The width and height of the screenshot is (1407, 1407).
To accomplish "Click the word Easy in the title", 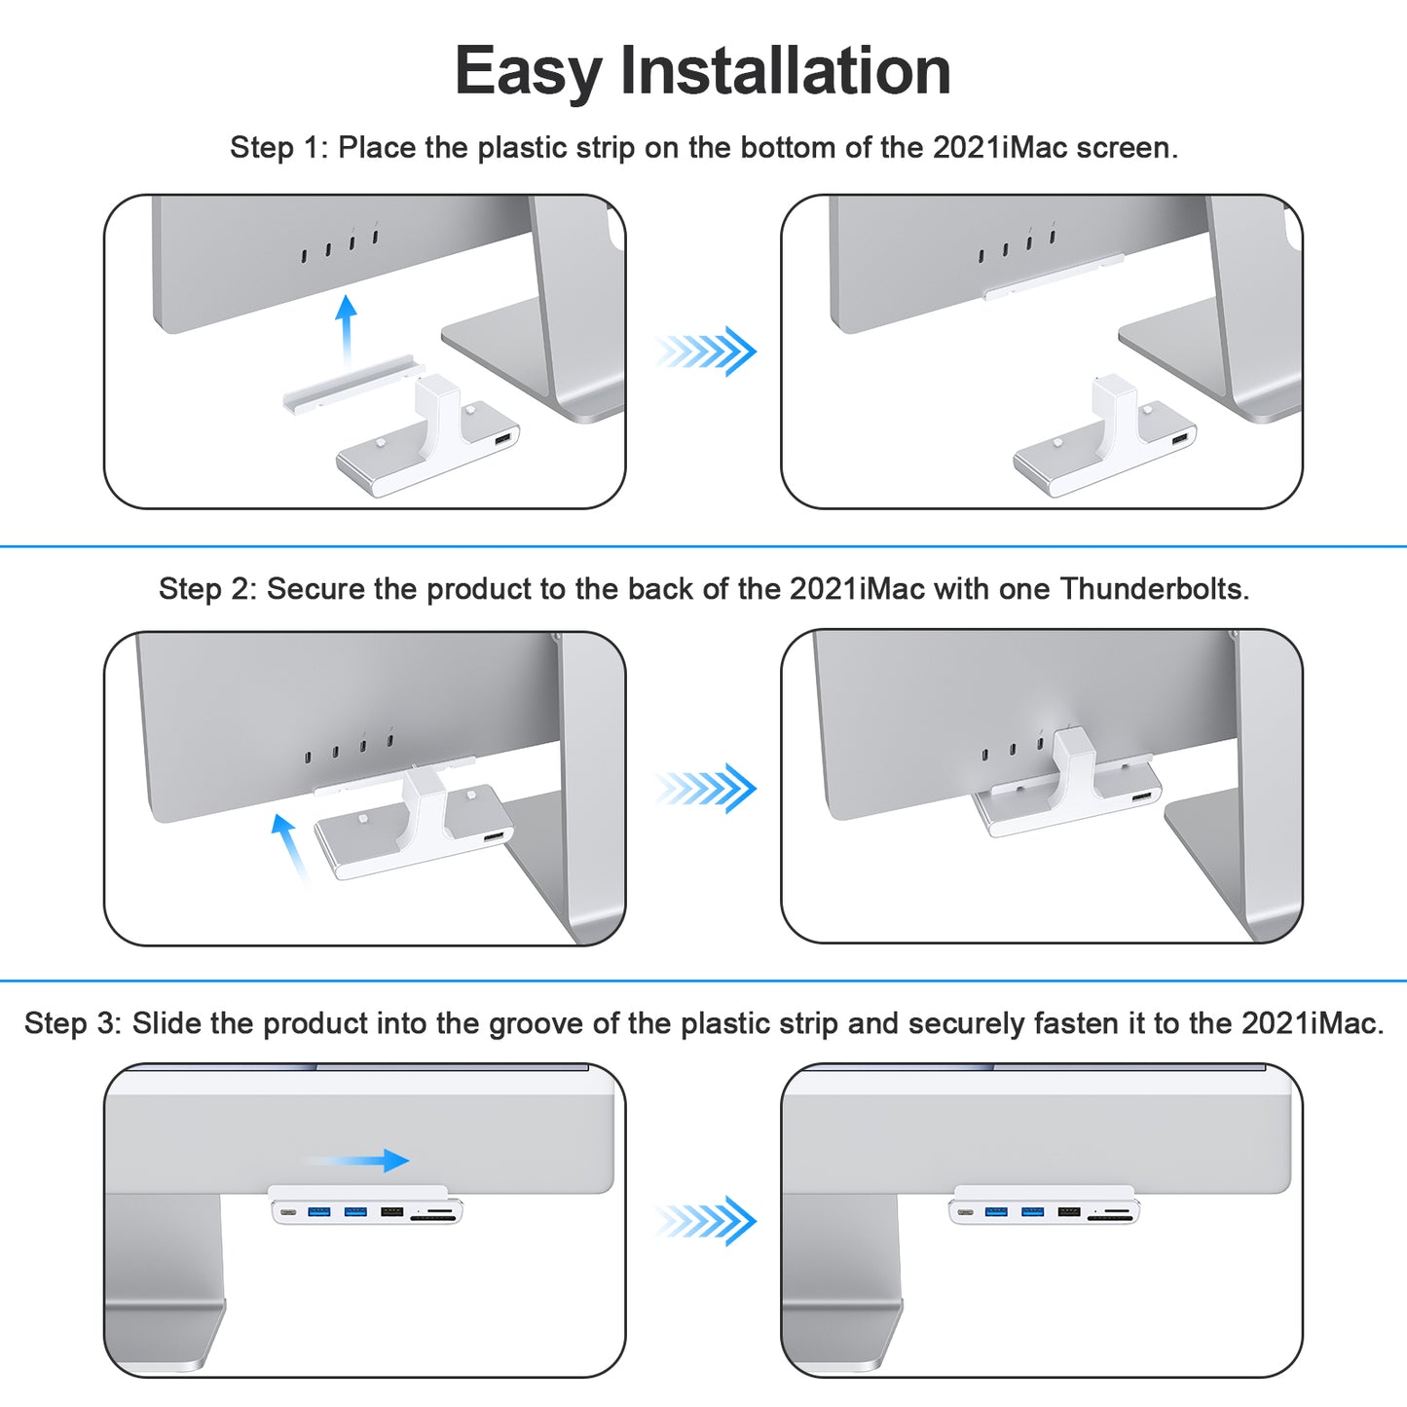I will [x=528, y=72].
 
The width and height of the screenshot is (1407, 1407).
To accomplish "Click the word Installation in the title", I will [x=785, y=72].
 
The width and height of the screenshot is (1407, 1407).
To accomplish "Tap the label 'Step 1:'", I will [x=278, y=148].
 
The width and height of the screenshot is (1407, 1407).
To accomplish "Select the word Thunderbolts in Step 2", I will [x=1153, y=589].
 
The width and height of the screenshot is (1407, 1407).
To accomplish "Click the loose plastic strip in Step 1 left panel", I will [x=352, y=384].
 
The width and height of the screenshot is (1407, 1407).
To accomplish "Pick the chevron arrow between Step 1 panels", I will [x=706, y=351].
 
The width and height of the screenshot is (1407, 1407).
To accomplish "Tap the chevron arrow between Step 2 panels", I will [x=706, y=788].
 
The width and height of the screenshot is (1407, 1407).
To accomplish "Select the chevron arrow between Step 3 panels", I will [x=706, y=1221].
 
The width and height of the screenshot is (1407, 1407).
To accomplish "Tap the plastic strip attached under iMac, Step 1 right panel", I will [x=1054, y=278].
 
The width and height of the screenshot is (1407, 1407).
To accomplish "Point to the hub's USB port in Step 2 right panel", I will [x=1140, y=798].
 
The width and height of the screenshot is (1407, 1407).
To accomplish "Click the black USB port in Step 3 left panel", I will [x=391, y=1212].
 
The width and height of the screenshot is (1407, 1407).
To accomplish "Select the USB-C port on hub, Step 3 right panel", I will [x=965, y=1212].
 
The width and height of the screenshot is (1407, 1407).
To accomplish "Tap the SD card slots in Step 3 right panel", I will [x=1110, y=1214].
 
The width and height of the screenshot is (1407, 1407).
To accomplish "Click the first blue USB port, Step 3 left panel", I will [x=318, y=1212].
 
